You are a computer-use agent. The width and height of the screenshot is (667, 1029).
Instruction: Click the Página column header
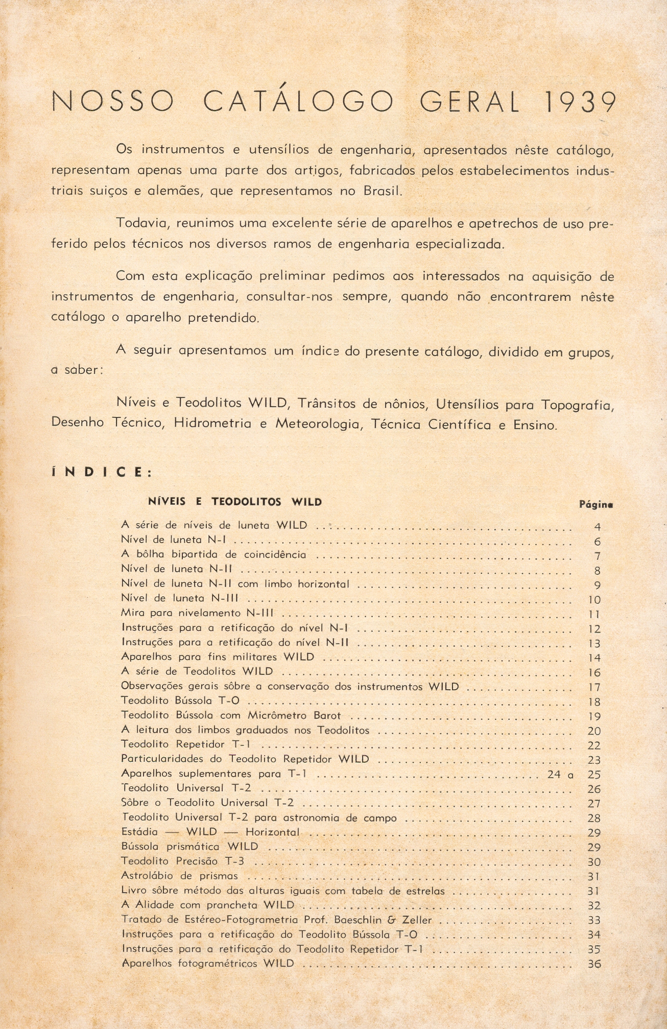(595, 504)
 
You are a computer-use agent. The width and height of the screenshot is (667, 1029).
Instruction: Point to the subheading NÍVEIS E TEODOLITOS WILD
(235, 502)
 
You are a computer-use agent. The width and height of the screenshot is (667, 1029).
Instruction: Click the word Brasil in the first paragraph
(383, 191)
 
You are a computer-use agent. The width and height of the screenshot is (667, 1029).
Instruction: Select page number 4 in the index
(597, 527)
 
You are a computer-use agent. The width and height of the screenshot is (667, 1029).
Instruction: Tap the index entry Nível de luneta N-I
(174, 540)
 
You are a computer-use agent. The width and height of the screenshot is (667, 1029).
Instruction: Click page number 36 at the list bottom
(594, 964)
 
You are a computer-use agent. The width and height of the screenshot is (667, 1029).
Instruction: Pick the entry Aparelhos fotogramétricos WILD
(208, 964)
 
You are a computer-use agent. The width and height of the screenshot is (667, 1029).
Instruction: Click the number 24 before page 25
(554, 775)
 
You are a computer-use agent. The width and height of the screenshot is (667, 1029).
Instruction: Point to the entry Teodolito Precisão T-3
(183, 861)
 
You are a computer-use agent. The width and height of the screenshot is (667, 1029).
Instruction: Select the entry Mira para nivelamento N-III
(197, 613)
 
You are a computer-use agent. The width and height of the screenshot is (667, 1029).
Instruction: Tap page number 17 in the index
(594, 688)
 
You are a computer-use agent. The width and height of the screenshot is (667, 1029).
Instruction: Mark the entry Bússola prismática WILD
(189, 847)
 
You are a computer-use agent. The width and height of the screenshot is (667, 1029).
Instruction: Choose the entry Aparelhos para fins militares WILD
(218, 657)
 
